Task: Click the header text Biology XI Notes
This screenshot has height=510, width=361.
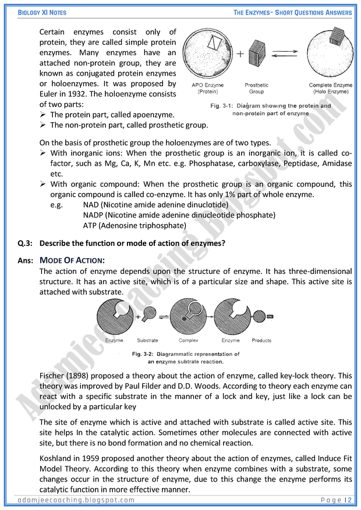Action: click(34, 12)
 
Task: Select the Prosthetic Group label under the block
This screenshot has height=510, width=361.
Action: click(256, 88)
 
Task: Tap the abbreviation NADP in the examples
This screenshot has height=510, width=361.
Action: click(94, 215)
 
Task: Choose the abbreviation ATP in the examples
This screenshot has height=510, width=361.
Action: click(90, 226)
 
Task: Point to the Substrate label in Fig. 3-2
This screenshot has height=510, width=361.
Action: click(147, 340)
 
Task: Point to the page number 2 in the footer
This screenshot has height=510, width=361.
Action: click(350, 500)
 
